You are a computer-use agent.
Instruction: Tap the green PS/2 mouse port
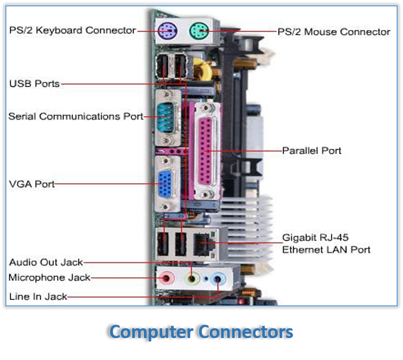(x=198, y=31)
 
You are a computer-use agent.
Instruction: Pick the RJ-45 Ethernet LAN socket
(x=201, y=243)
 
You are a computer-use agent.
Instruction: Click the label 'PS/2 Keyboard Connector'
(x=72, y=30)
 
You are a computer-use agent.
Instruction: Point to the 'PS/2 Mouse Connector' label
(x=334, y=32)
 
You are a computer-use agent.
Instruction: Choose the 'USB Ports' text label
(x=34, y=84)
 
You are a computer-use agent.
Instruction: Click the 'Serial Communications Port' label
(x=76, y=117)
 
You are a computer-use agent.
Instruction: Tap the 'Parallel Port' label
(x=312, y=150)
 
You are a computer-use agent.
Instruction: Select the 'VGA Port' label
(x=32, y=184)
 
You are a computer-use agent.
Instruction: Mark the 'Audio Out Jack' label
(x=46, y=262)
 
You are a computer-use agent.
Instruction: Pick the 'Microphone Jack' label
(x=49, y=278)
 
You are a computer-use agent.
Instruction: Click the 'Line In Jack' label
(x=38, y=296)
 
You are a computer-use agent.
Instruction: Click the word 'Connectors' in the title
(x=246, y=332)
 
